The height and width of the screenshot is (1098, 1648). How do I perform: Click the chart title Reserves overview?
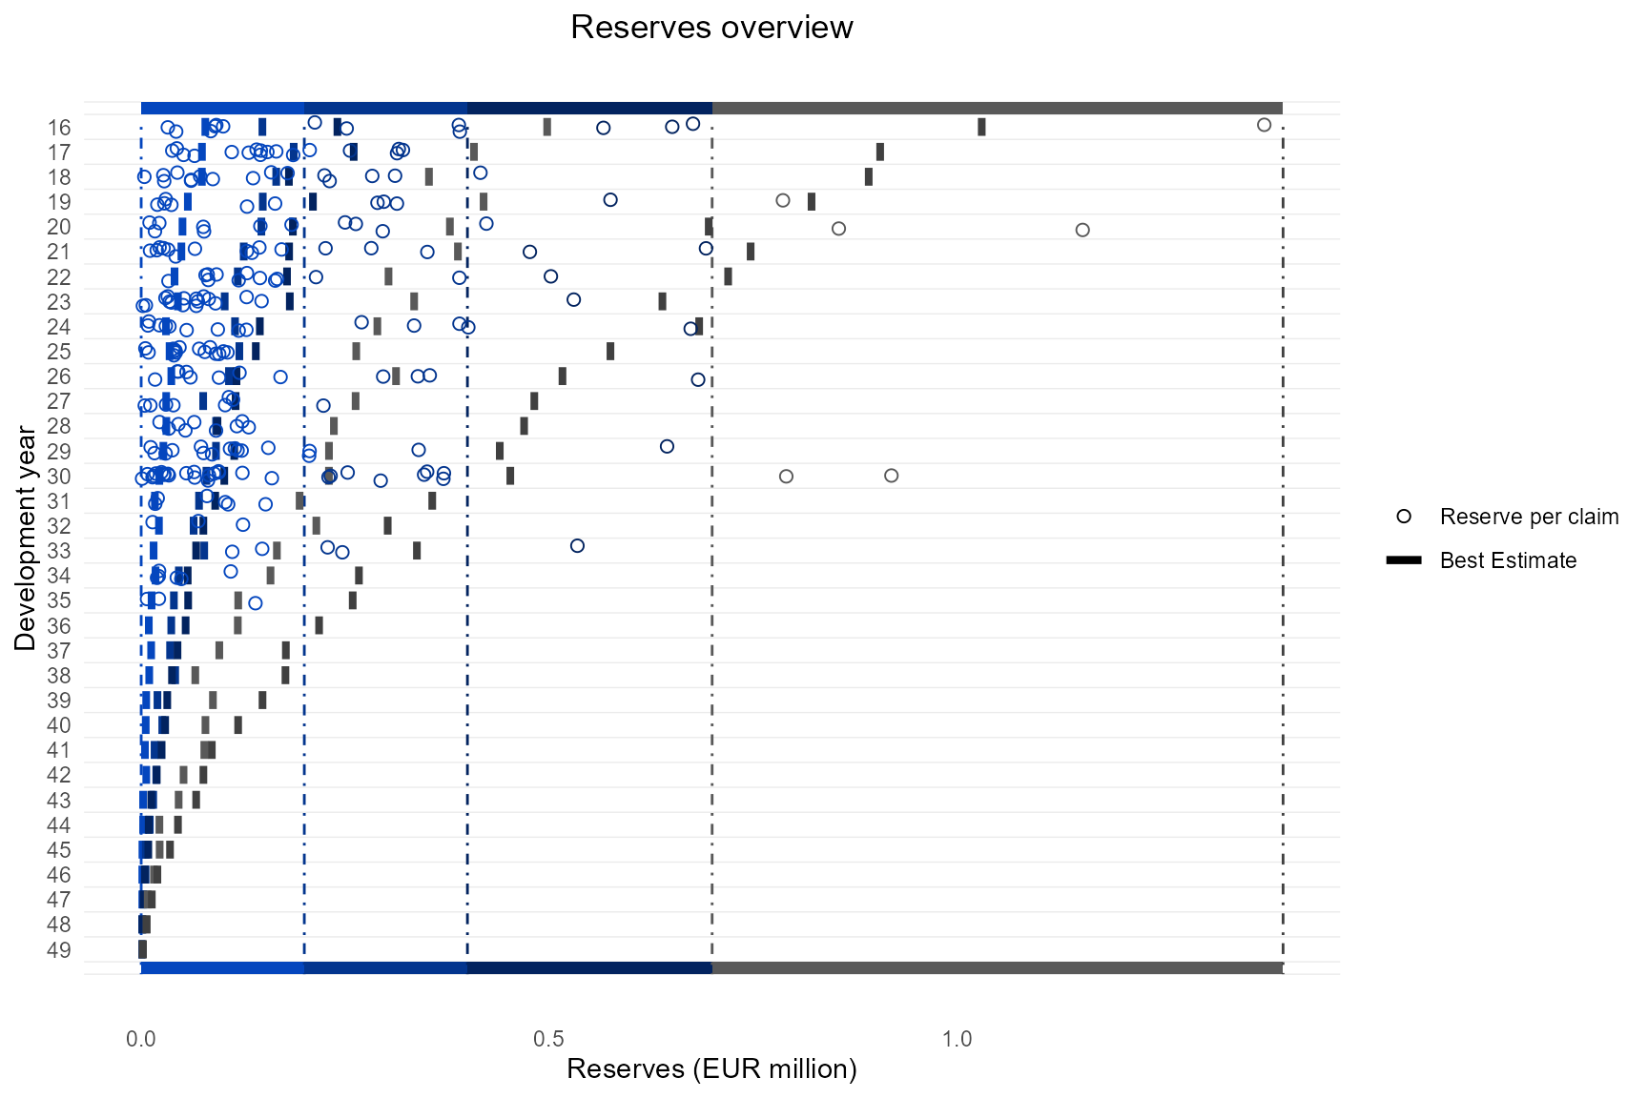click(x=711, y=28)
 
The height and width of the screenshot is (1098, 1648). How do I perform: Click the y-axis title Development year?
click(x=26, y=539)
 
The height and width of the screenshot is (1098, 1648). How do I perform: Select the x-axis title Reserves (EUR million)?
click(x=711, y=1068)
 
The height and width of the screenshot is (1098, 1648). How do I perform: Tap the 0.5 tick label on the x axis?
click(x=548, y=1039)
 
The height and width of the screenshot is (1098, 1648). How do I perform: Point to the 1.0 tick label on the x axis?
click(x=957, y=1039)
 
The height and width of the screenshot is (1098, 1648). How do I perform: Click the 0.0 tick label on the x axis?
click(x=141, y=1039)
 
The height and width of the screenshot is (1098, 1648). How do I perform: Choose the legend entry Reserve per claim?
click(x=1529, y=517)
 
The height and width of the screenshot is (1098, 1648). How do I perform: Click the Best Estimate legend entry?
click(x=1508, y=560)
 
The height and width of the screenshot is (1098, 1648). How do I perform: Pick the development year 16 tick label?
click(x=59, y=128)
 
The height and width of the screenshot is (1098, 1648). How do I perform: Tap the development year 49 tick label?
click(x=59, y=949)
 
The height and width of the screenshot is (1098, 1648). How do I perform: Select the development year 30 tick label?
click(x=59, y=477)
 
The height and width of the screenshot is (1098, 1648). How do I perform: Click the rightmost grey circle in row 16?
click(x=1264, y=125)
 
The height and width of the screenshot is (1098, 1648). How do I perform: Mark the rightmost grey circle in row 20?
click(x=1081, y=230)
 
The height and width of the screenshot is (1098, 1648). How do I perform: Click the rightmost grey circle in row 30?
click(x=891, y=476)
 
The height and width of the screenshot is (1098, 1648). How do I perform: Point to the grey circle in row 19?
click(x=783, y=200)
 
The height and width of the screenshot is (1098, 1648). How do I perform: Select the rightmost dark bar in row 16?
click(x=981, y=127)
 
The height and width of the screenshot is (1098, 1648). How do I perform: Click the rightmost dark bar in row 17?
click(x=880, y=152)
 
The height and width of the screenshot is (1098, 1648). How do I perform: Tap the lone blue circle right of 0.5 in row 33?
click(x=577, y=546)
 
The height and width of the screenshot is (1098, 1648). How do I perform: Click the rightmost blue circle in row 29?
click(x=667, y=446)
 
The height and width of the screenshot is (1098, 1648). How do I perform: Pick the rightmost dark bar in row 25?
click(x=610, y=351)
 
